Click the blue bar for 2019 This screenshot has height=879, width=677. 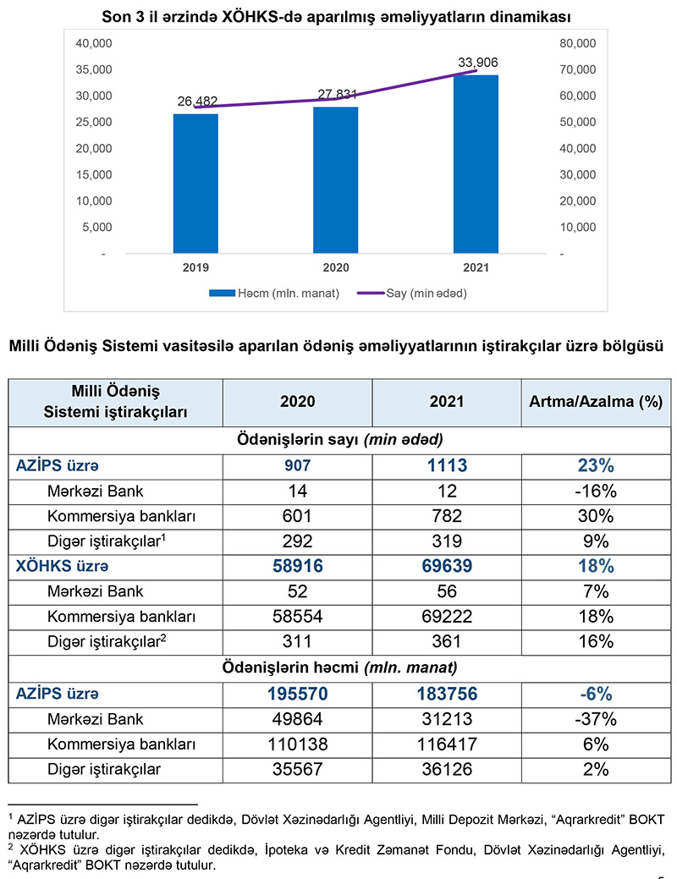point(196,183)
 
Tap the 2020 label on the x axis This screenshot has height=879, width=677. point(335,266)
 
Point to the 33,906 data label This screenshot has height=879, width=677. point(477,62)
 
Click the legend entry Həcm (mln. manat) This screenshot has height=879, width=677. point(275,294)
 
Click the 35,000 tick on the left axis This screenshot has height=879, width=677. point(95,69)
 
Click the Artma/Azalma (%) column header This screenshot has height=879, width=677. point(595,402)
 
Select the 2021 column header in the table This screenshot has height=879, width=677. point(446,402)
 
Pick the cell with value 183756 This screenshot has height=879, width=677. point(446,694)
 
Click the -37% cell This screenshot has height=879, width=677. point(595,720)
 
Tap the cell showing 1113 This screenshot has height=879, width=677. point(446,465)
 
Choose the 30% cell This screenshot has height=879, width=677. point(595,516)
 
